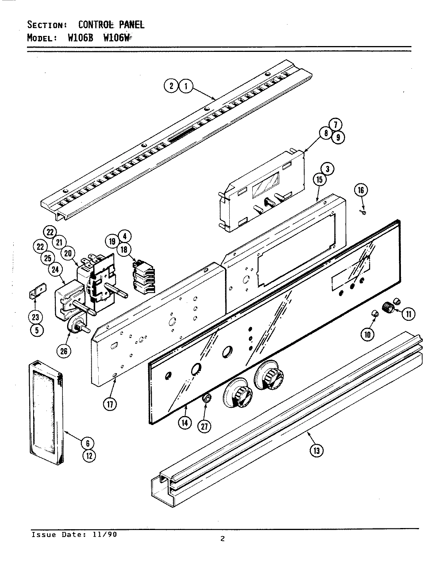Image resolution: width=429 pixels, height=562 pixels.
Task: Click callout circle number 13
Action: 316,451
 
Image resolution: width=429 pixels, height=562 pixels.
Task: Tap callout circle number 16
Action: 361,190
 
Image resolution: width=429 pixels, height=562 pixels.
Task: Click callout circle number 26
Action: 64,351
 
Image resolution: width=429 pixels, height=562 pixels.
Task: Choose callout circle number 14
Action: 185,423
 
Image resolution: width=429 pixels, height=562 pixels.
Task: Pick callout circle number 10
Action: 367,333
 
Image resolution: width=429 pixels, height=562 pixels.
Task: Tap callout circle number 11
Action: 408,314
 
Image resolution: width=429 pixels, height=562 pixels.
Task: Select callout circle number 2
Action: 171,86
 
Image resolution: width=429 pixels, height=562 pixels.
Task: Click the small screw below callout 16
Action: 363,212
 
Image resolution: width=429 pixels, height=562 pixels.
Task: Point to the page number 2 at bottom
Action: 222,540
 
